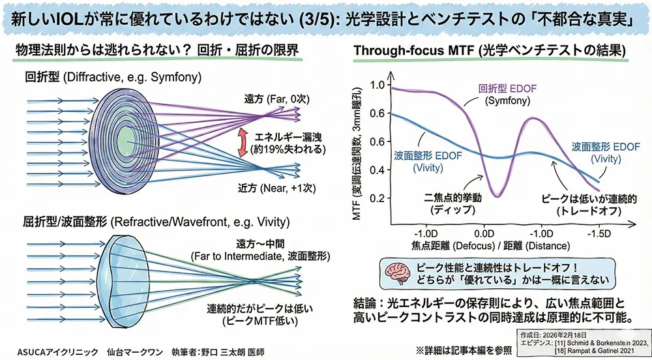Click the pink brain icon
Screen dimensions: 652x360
tap(398, 273)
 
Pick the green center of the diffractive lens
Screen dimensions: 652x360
tap(124, 142)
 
